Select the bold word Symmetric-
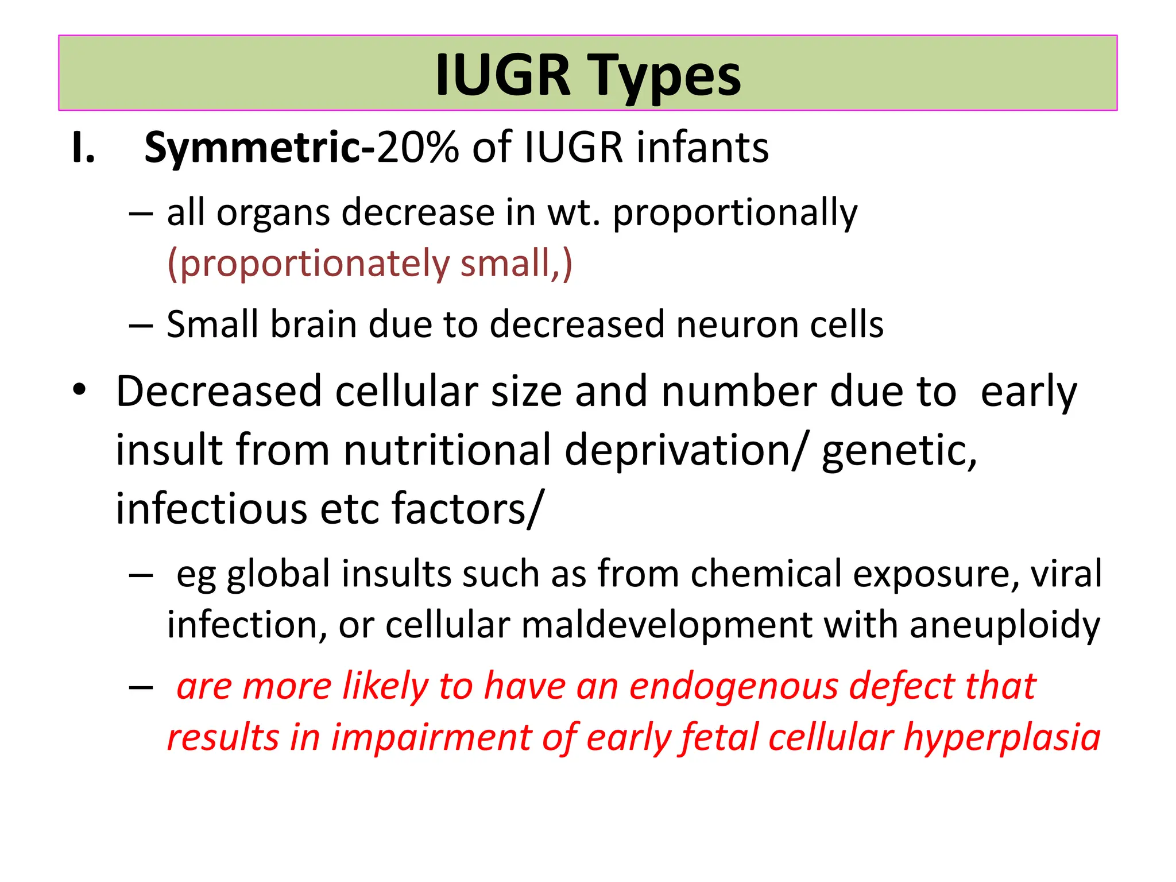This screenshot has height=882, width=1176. click(x=260, y=148)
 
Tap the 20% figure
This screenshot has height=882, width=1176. click(x=417, y=148)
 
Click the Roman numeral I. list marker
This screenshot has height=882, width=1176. click(x=83, y=148)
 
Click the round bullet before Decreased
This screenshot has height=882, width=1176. click(x=79, y=390)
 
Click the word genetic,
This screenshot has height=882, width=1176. click(x=899, y=451)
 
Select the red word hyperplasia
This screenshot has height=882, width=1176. click(x=1001, y=737)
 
